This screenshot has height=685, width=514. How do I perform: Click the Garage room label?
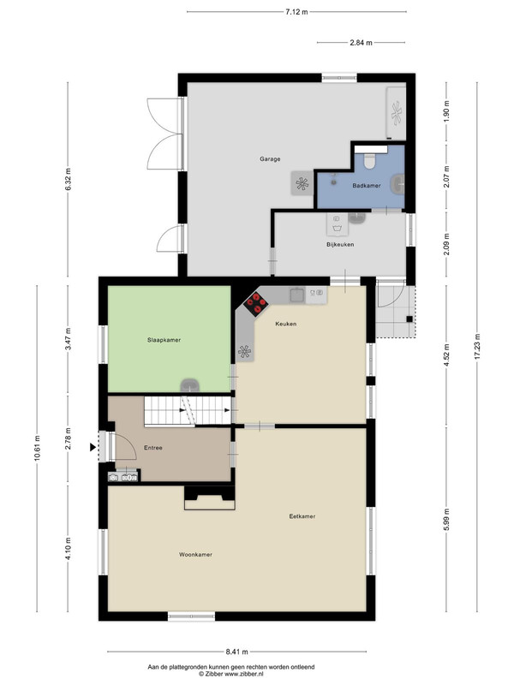click(270, 159)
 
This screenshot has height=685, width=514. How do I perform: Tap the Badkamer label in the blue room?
click(367, 186)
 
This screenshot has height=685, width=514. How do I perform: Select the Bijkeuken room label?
click(340, 245)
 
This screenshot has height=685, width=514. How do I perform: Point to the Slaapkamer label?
click(164, 340)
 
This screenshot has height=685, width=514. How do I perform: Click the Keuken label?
click(286, 324)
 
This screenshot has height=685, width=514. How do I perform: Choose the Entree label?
click(153, 448)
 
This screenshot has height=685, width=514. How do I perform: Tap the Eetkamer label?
click(302, 516)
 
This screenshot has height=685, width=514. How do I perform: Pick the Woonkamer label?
click(195, 555)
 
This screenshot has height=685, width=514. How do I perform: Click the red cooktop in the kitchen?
click(256, 304)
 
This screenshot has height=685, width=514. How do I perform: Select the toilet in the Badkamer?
click(371, 161)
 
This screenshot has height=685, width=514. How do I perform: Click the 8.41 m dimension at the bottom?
click(237, 652)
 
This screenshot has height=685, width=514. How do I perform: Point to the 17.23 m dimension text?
click(477, 347)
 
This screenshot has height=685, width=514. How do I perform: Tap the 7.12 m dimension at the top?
click(296, 12)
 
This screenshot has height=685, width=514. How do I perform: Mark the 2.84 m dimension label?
click(361, 43)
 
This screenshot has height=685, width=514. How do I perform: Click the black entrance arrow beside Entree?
click(93, 447)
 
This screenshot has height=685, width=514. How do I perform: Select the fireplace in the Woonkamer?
click(210, 498)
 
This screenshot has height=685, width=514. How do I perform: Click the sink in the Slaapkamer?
click(190, 385)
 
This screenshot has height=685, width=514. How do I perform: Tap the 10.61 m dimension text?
click(37, 448)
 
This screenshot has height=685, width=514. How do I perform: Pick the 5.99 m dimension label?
click(446, 519)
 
